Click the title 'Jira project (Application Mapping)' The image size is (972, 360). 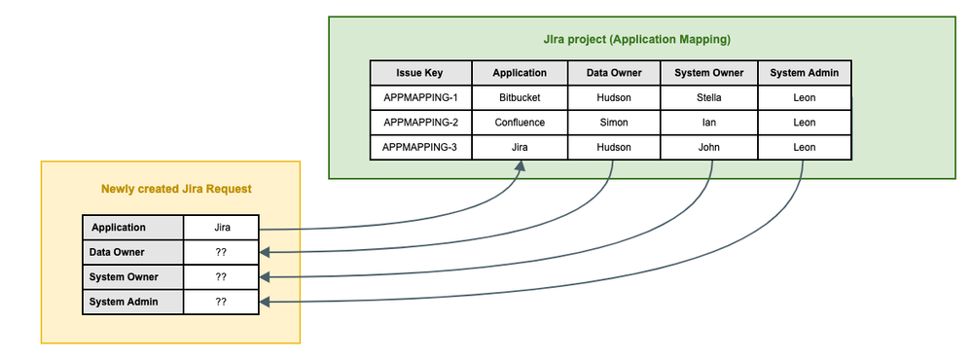click(636, 40)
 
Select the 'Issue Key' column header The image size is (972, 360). click(419, 73)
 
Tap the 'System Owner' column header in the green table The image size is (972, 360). click(708, 73)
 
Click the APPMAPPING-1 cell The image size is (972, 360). click(419, 98)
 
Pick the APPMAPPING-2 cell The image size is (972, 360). click(419, 123)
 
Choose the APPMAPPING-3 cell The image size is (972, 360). click(419, 148)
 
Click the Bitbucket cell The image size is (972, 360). click(519, 98)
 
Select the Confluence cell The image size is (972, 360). click(519, 123)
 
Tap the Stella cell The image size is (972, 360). click(708, 98)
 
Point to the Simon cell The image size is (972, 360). click(613, 123)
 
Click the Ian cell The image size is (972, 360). click(708, 123)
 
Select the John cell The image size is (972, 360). click(708, 148)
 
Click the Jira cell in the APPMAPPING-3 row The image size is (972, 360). click(519, 148)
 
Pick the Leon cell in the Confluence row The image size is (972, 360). click(804, 123)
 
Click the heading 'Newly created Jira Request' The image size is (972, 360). click(170, 189)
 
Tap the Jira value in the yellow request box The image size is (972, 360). click(221, 228)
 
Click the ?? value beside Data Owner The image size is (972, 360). click(221, 252)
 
